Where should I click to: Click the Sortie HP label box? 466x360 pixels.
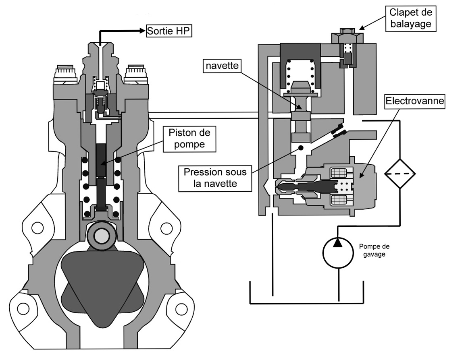pos(169,30)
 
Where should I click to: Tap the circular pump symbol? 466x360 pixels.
pos(338,252)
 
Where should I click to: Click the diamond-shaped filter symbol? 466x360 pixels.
pos(399,174)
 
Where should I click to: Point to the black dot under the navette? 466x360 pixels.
pos(301,148)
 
